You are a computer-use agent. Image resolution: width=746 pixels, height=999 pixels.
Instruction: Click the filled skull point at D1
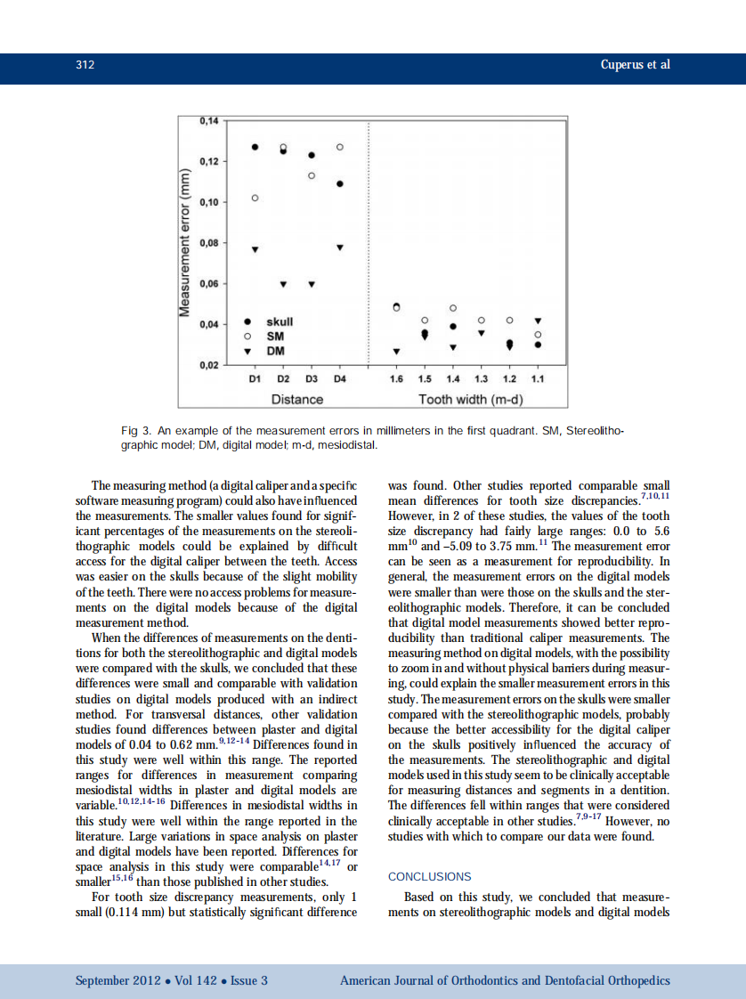(255, 147)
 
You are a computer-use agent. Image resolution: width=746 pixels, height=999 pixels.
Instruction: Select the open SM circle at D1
(255, 198)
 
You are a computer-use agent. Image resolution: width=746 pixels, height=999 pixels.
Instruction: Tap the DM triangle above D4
(340, 248)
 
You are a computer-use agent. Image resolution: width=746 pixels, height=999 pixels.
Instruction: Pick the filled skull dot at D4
(340, 184)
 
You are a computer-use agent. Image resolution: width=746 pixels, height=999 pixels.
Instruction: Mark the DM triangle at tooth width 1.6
(397, 352)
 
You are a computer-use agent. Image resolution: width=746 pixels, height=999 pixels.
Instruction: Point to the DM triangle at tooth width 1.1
(538, 320)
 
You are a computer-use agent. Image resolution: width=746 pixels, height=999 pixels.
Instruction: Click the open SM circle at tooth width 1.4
(453, 308)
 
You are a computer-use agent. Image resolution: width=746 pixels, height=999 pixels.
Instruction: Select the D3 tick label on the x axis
(312, 379)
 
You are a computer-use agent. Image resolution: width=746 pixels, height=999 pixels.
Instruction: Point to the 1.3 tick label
(482, 379)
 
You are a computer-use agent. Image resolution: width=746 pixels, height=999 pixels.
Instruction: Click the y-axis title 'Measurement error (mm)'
(186, 242)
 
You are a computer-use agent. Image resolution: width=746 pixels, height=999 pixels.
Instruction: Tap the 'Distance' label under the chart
(296, 399)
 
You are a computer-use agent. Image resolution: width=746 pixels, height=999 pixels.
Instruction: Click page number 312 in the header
(85, 65)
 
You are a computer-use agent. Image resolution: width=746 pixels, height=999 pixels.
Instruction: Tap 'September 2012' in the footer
(118, 981)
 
